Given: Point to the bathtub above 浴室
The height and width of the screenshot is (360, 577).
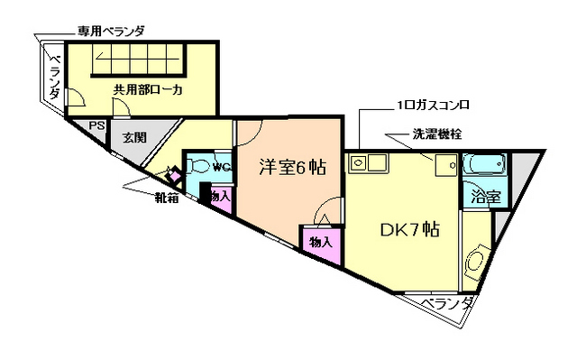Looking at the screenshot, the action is [x=483, y=166].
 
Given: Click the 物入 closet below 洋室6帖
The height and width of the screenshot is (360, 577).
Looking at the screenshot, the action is [x=321, y=242].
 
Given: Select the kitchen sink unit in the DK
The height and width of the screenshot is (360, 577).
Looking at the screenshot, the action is [x=368, y=164].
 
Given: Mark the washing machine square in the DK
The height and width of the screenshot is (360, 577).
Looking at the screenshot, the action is [x=443, y=165].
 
